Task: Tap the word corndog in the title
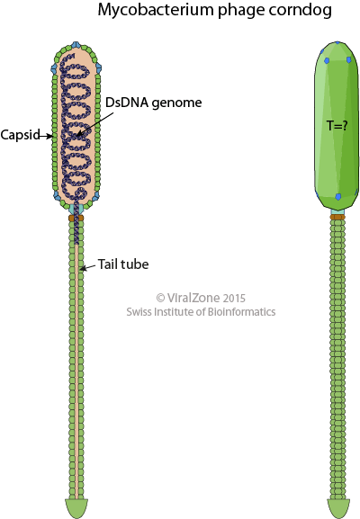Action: [x=300, y=11]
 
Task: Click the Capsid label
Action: [x=20, y=135]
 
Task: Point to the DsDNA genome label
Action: [x=153, y=103]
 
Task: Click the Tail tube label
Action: [x=123, y=264]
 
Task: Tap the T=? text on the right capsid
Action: [x=337, y=126]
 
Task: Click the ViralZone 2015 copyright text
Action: [x=201, y=298]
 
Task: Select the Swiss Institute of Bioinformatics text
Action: [x=201, y=312]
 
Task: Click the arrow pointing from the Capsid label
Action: [x=46, y=136]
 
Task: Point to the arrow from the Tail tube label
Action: [x=88, y=267]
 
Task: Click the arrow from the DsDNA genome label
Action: [x=94, y=124]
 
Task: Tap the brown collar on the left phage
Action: [x=76, y=218]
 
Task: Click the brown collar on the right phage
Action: [x=337, y=217]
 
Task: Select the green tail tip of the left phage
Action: [x=76, y=507]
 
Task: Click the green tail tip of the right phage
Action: [x=338, y=508]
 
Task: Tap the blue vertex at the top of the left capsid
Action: [x=76, y=45]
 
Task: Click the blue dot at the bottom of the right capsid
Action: [x=337, y=197]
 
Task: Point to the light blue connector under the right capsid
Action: [x=337, y=211]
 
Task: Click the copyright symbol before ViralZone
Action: [x=160, y=298]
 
